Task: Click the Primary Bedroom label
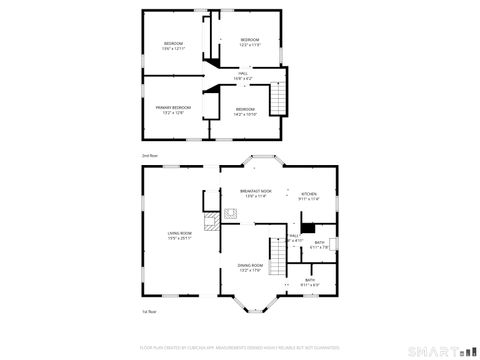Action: tap(172, 107)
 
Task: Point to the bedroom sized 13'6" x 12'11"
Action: tap(174, 48)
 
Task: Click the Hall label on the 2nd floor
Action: tap(242, 73)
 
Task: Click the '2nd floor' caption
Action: tap(150, 156)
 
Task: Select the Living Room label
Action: tap(179, 233)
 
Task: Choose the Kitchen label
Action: tap(309, 194)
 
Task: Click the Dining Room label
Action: tap(250, 265)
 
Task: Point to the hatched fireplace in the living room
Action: tap(212, 222)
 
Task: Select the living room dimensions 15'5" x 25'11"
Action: tap(179, 238)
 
